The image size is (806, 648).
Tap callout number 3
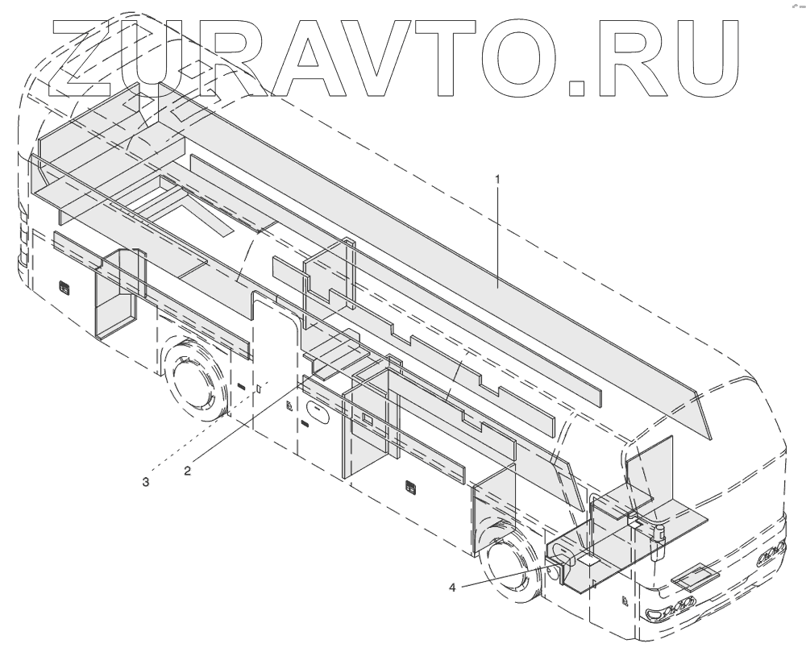[x=146, y=482]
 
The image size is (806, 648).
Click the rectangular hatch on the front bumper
[x=695, y=576]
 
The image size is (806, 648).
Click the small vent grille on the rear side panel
[x=64, y=285]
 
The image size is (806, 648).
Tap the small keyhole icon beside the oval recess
[x=289, y=407]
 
